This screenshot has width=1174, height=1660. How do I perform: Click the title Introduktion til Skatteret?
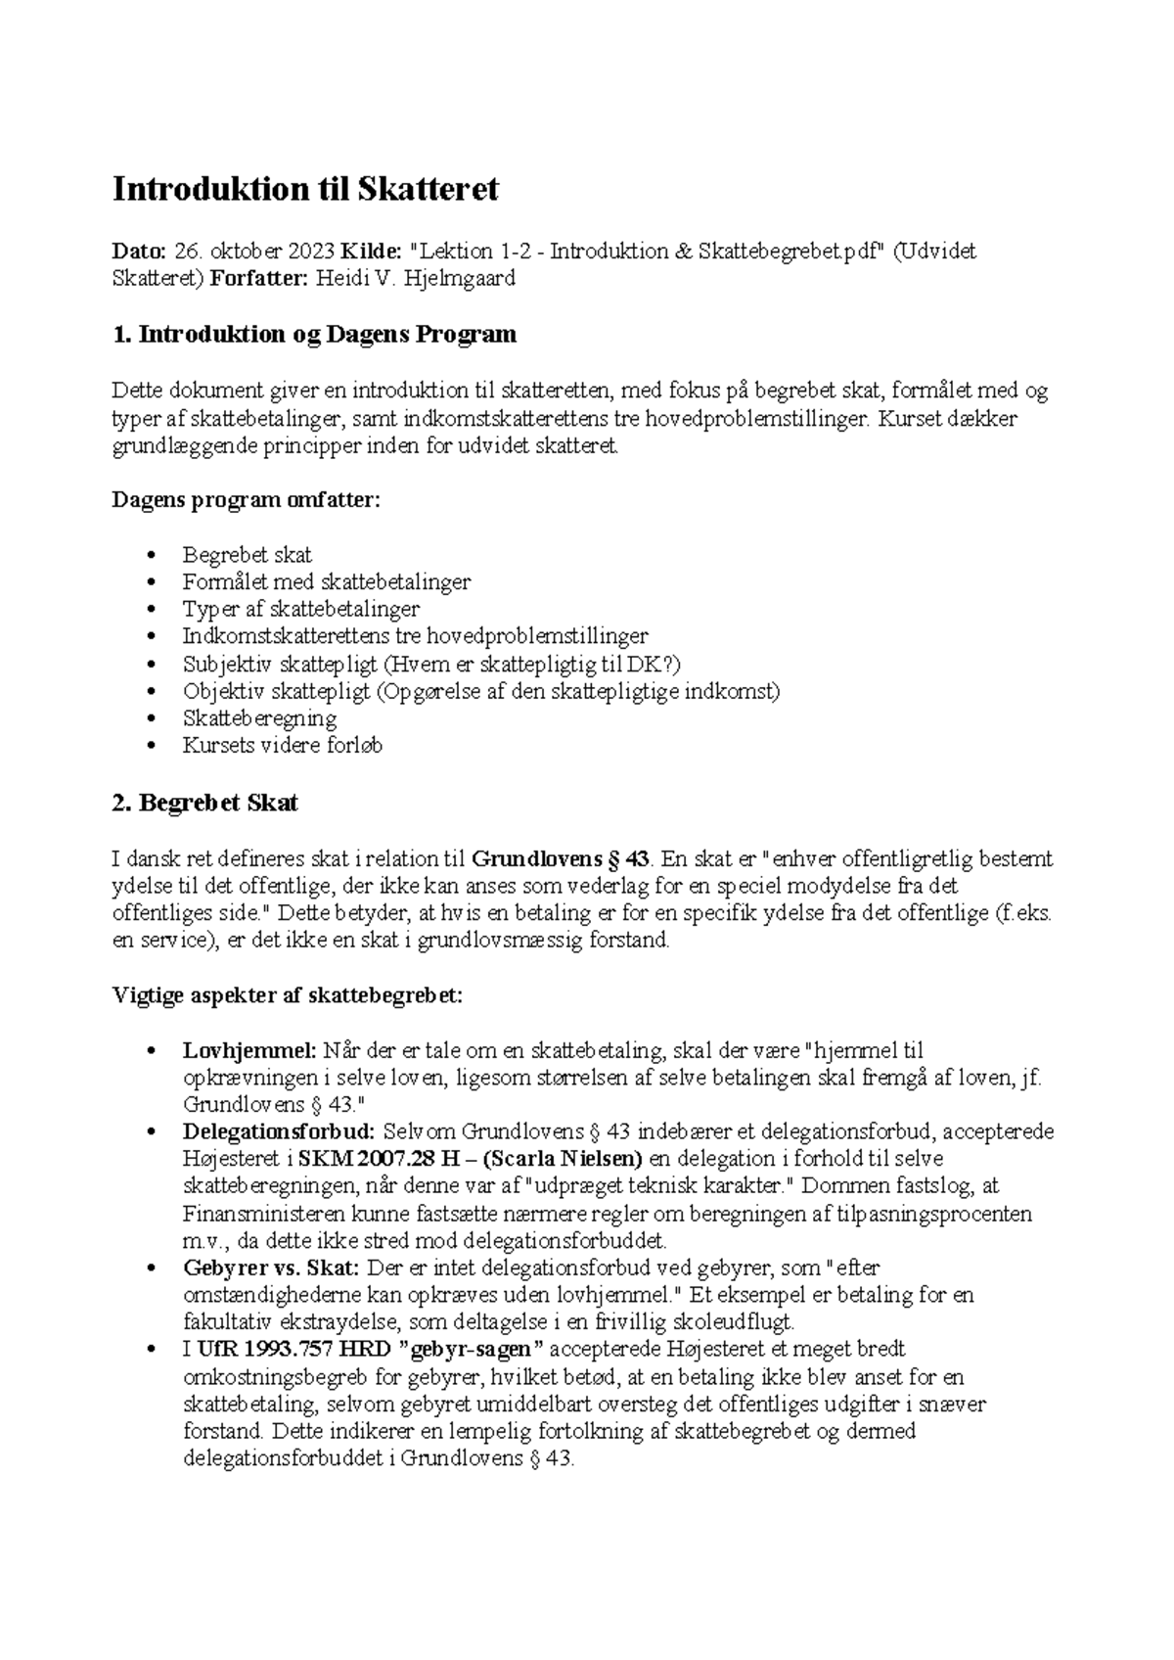pyautogui.click(x=305, y=188)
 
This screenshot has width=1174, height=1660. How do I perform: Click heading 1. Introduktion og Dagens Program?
pyautogui.click(x=314, y=335)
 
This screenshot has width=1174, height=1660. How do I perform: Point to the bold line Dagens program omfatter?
pyautogui.click(x=246, y=500)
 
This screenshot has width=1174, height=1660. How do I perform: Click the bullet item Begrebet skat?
pyautogui.click(x=247, y=555)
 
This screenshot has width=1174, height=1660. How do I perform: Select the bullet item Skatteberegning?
pyautogui.click(x=259, y=718)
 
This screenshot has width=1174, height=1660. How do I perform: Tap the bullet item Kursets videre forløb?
pyautogui.click(x=282, y=746)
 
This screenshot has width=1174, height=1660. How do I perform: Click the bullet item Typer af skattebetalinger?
pyautogui.click(x=300, y=609)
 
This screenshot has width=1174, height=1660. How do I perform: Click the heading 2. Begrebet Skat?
pyautogui.click(x=205, y=804)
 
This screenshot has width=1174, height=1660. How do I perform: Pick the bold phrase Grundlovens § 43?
pyautogui.click(x=561, y=859)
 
